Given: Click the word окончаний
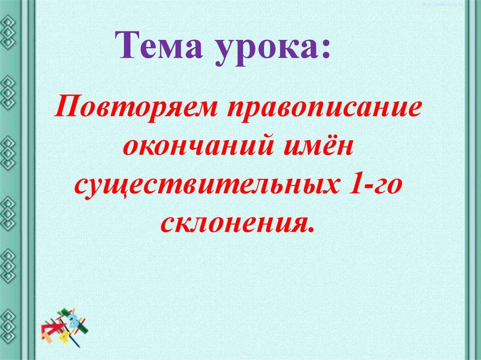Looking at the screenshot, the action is (198, 148).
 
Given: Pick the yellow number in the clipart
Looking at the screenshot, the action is (64, 337).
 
